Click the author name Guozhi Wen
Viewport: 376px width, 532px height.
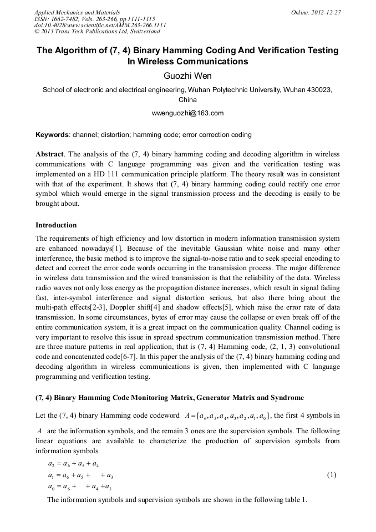[x=187, y=76]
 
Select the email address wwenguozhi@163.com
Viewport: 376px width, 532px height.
[x=187, y=113]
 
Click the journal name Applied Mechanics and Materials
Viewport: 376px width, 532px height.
[x=77, y=12]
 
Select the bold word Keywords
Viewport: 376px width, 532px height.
[x=52, y=135]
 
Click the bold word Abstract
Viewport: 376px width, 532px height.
[x=49, y=154]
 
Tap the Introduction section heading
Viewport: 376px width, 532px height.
[x=56, y=225]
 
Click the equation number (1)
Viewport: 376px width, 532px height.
[x=331, y=475]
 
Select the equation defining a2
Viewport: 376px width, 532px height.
[x=74, y=464]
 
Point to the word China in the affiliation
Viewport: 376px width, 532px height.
[x=187, y=100]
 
